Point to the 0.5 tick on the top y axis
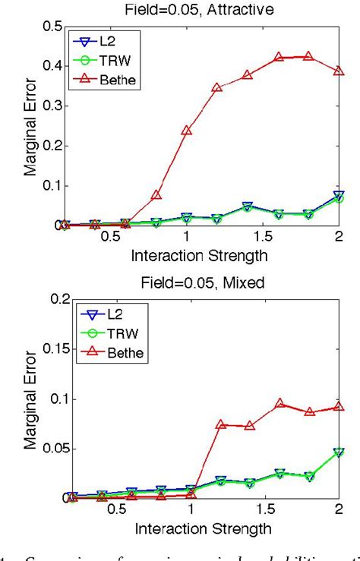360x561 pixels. [52, 26]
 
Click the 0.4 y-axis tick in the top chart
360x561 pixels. [52, 66]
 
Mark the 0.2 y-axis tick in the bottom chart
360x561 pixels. [52, 298]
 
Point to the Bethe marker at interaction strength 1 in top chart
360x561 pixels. [187, 130]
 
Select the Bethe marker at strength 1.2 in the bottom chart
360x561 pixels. [220, 424]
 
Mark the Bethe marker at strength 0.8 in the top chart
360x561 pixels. [156, 195]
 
